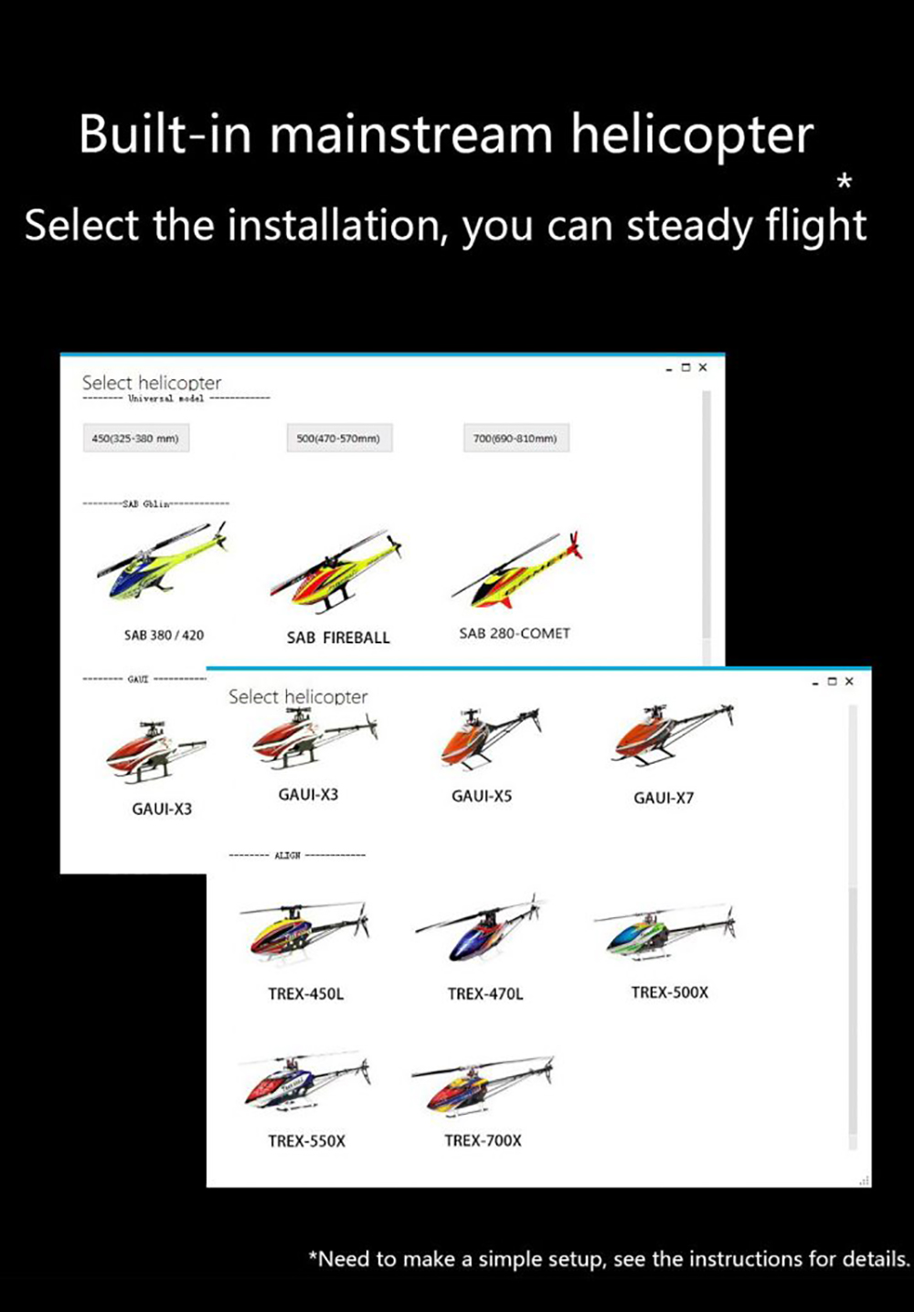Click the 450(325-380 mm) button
[135, 439]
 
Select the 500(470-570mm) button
[338, 439]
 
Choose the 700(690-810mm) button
[515, 439]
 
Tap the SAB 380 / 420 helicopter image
[161, 563]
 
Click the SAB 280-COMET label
[515, 633]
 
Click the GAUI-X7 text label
[664, 798]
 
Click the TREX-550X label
[306, 1141]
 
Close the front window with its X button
[849, 682]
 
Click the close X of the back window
[703, 367]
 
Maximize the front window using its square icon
[832, 682]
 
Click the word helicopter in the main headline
[692, 134]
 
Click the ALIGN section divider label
[287, 855]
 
